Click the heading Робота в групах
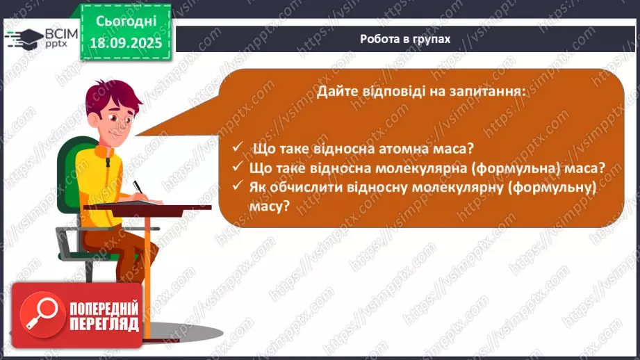405,39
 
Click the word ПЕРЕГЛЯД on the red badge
104,325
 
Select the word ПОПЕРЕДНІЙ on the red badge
104,308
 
